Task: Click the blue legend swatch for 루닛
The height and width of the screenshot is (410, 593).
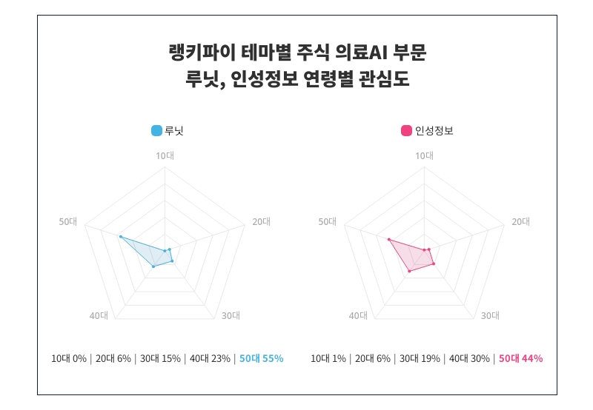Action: coord(156,131)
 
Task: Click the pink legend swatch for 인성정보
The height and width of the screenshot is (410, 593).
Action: coord(406,131)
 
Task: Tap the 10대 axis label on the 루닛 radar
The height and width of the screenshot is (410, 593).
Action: coord(165,155)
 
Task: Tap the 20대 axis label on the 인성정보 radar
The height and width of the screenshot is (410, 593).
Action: coord(521,221)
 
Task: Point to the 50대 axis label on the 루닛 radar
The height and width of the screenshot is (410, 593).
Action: coord(68,221)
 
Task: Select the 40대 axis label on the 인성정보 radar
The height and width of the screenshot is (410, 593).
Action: coord(359,316)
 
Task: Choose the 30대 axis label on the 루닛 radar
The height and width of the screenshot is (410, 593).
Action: coord(231,316)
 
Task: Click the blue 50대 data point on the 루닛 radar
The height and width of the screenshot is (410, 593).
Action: coord(120,237)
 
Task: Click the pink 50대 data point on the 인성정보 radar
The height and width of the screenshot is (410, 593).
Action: coord(388,239)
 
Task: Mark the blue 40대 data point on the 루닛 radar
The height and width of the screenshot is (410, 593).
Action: coord(153,266)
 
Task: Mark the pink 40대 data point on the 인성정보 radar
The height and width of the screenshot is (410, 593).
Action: coord(409,271)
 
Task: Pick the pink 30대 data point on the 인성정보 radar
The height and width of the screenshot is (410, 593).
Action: coord(434,264)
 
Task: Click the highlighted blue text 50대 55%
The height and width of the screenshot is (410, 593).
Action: coord(262,358)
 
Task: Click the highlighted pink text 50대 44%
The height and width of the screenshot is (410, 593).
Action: coord(521,358)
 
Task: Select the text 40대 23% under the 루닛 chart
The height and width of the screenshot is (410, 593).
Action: coord(210,358)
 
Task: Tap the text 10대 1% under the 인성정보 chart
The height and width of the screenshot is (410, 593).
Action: coord(328,358)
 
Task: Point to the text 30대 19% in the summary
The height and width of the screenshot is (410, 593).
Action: coord(419,358)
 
